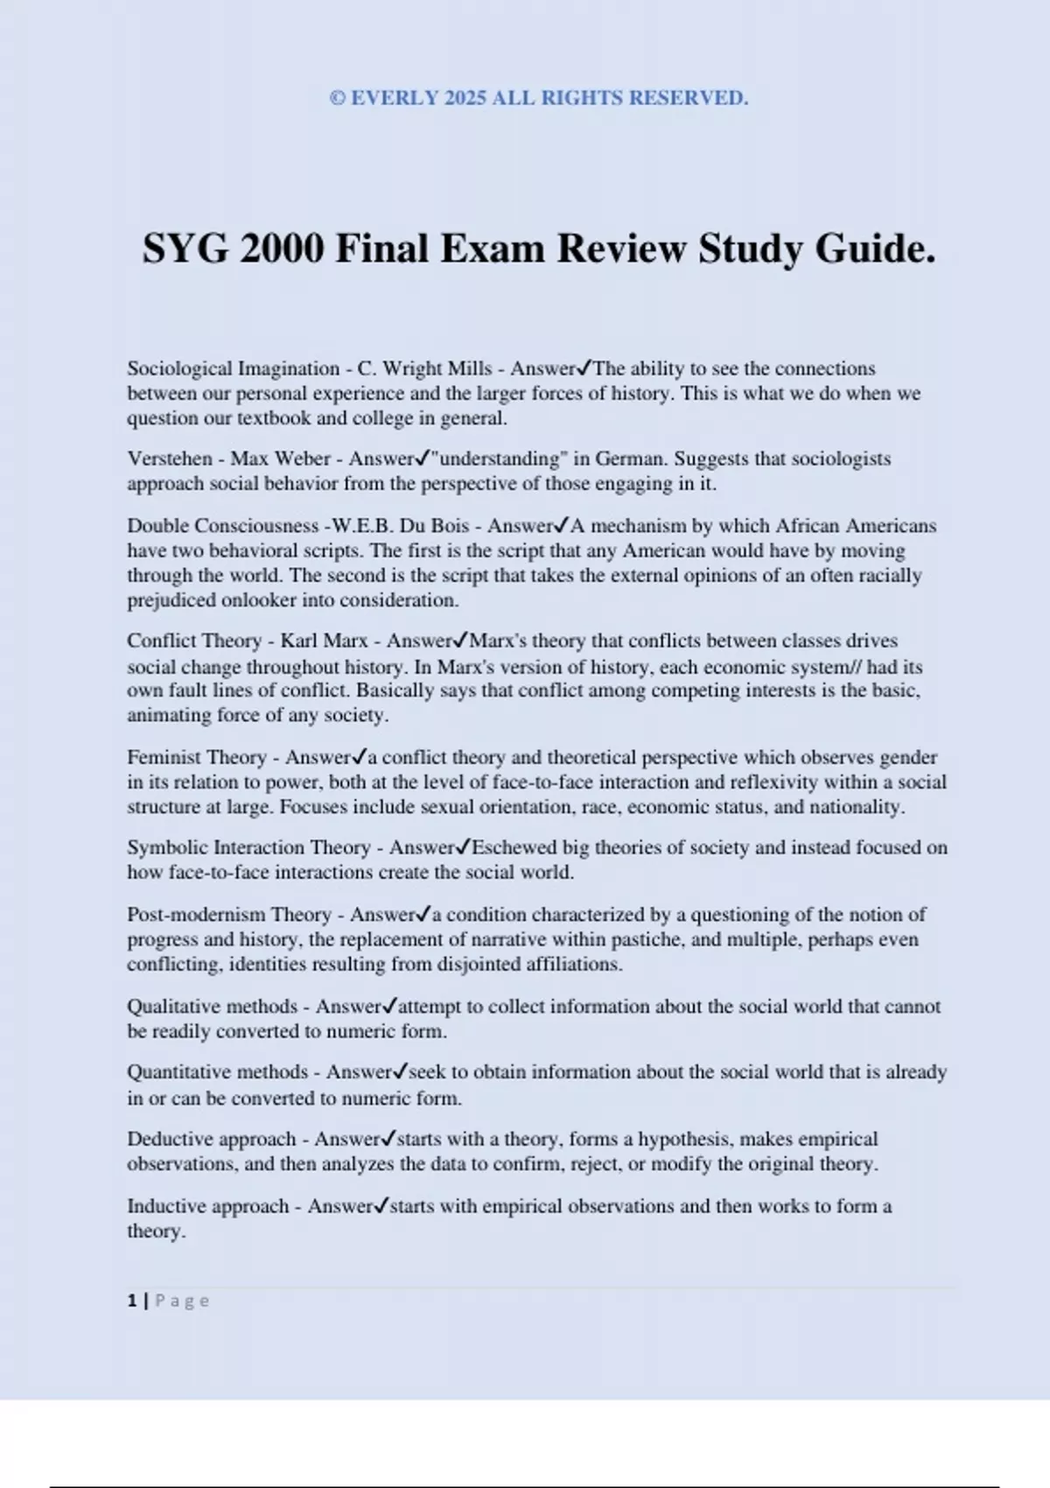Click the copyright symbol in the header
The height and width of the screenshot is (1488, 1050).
pos(337,98)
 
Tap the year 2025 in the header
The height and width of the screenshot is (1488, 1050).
pos(465,98)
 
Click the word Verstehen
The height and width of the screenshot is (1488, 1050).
pos(170,459)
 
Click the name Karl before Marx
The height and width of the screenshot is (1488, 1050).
pos(299,641)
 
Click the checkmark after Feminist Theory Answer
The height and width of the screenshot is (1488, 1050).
pos(361,757)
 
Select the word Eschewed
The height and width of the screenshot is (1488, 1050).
pos(513,847)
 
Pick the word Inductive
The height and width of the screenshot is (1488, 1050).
pos(165,1206)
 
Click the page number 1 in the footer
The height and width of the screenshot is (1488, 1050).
pos(132,1301)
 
